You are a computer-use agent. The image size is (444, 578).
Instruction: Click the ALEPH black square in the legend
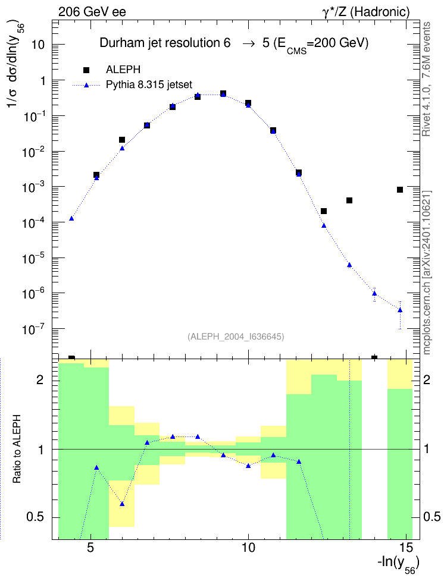click(x=86, y=70)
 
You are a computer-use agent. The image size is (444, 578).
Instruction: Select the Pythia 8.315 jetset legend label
click(x=149, y=85)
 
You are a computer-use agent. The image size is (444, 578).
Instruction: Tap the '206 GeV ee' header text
click(x=92, y=12)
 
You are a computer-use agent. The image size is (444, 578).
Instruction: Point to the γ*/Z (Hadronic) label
click(x=366, y=12)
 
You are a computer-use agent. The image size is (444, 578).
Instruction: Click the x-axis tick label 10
click(x=248, y=548)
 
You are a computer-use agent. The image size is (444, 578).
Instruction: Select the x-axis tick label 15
click(x=406, y=548)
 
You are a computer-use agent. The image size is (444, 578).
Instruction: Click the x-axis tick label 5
click(x=90, y=548)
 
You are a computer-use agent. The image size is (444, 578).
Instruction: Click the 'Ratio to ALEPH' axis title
click(x=17, y=449)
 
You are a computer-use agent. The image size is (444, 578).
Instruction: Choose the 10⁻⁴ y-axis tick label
click(x=33, y=222)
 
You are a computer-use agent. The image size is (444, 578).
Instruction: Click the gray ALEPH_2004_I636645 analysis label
click(x=236, y=337)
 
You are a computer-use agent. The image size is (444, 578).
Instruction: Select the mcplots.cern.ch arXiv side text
click(x=427, y=272)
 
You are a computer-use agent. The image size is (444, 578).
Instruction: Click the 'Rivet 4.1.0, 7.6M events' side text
click(x=426, y=79)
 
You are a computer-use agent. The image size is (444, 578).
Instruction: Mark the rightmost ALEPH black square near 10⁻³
click(x=400, y=190)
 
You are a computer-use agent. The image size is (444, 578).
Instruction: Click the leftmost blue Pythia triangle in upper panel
click(x=71, y=218)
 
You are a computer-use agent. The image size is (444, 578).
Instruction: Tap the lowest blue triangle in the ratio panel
click(x=122, y=504)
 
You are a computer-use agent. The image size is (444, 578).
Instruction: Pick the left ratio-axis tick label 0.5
click(x=36, y=517)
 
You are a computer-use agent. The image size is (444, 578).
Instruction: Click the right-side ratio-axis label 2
click(x=427, y=379)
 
